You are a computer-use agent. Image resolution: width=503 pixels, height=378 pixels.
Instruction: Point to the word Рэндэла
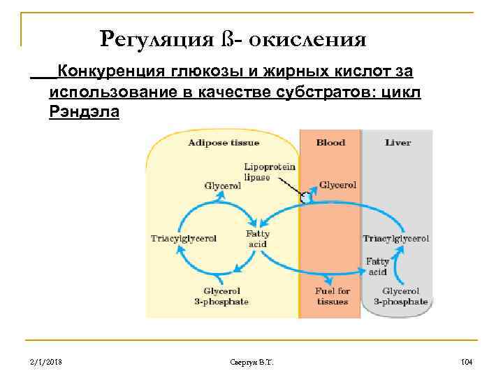(x=84, y=112)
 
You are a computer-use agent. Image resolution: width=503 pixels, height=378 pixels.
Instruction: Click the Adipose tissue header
(x=224, y=143)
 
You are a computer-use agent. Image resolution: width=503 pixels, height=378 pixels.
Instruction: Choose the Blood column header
(x=330, y=143)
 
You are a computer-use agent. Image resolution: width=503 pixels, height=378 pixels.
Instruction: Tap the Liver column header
(x=398, y=143)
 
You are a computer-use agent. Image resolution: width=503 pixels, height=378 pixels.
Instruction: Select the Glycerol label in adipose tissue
(x=222, y=186)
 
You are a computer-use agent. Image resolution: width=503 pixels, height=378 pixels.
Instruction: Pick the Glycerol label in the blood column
(x=337, y=185)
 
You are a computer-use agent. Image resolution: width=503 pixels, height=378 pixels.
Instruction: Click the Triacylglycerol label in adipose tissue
(x=184, y=238)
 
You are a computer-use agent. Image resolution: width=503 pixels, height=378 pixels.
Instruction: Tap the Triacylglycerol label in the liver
(x=395, y=238)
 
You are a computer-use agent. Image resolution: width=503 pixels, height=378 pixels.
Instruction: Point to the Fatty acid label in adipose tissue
(x=256, y=239)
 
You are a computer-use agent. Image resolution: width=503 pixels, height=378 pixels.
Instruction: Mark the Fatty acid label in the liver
(x=377, y=267)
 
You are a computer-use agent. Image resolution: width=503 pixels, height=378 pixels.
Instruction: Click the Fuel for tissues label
(x=333, y=296)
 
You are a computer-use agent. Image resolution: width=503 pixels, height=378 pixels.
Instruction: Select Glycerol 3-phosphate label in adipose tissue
(x=221, y=296)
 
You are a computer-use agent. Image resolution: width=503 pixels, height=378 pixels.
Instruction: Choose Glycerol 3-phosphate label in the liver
(x=400, y=296)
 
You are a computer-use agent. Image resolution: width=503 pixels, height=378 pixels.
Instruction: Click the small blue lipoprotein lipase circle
(x=305, y=198)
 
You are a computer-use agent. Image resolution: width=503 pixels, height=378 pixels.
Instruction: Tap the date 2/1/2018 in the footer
(x=47, y=362)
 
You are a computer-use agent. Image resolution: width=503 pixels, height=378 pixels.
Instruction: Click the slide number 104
(x=467, y=362)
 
